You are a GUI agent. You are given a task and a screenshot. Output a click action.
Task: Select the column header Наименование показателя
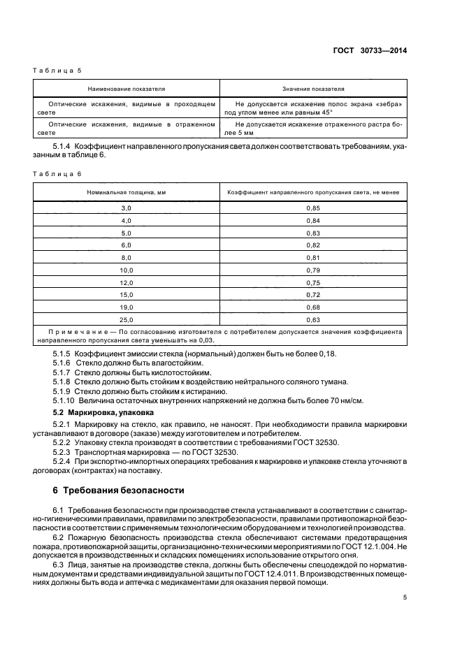[126, 89]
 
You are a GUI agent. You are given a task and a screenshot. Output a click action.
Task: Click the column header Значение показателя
[313, 89]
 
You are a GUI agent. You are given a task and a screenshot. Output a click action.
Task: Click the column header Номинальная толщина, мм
[126, 191]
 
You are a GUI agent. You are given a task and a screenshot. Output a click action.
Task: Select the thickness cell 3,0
[126, 208]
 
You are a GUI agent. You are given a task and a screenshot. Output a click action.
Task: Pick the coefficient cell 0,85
[313, 208]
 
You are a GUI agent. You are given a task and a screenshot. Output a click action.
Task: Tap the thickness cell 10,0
[126, 270]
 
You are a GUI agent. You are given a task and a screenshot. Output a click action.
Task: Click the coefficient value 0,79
[313, 270]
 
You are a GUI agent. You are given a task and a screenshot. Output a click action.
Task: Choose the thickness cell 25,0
[126, 319]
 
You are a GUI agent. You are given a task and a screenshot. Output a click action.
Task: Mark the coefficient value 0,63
[313, 319]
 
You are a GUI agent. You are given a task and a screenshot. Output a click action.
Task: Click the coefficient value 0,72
[313, 294]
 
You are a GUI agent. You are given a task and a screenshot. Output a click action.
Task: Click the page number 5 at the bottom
[405, 597]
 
